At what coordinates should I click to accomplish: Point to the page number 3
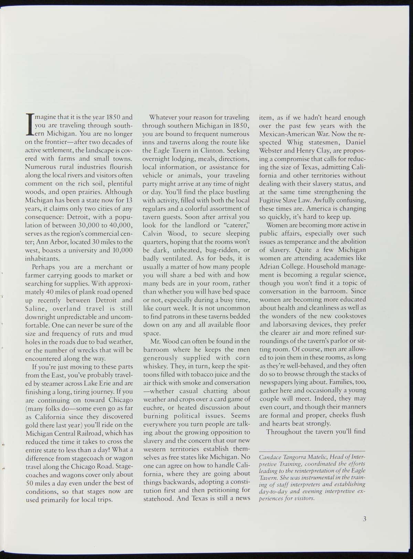364,519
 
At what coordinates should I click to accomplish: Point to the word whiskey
154,366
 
